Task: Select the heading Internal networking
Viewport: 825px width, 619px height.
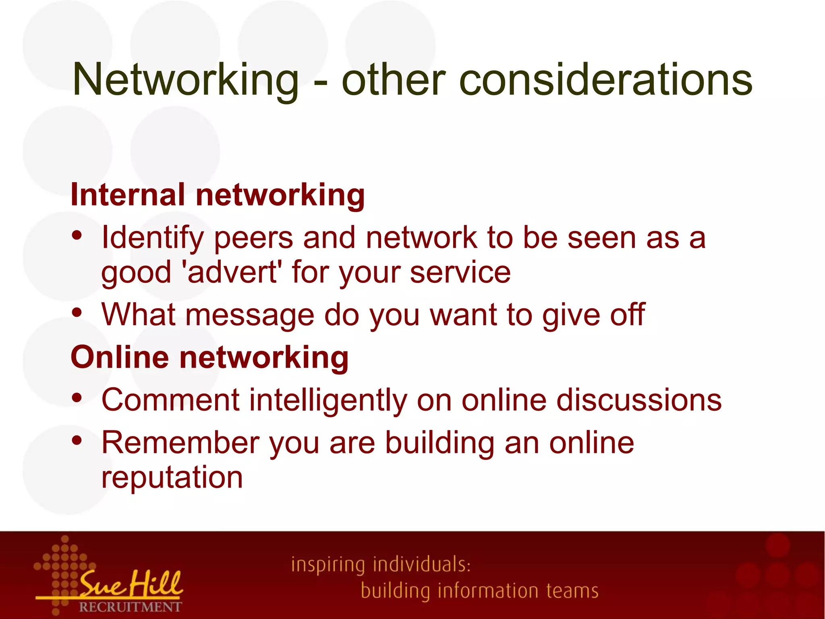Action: pos(218,195)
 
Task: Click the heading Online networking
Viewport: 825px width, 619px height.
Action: pos(209,357)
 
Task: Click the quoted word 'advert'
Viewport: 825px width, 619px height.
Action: pos(232,272)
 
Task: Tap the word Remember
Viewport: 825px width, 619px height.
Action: pos(180,443)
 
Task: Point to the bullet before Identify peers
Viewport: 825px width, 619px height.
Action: pos(77,235)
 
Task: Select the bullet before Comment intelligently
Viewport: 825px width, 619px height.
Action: pos(77,398)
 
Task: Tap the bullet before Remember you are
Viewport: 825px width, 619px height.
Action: pos(77,440)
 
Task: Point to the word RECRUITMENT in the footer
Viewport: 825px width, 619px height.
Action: pos(130,607)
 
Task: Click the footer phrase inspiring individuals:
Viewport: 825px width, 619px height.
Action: pos(381,565)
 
